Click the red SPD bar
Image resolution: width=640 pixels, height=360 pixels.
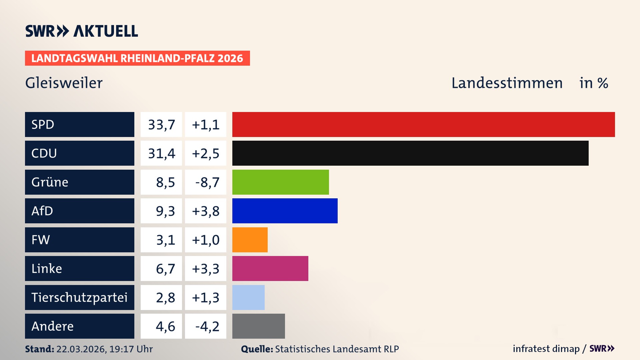click(x=423, y=124)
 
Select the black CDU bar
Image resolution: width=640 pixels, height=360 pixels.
click(x=410, y=153)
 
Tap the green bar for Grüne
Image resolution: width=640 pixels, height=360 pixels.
click(x=280, y=182)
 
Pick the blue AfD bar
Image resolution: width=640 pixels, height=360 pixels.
click(x=285, y=211)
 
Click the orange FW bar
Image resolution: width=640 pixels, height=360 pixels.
click(x=250, y=240)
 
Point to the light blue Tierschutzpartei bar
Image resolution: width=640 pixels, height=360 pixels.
click(x=248, y=297)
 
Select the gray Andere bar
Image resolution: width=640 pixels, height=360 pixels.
click(x=258, y=326)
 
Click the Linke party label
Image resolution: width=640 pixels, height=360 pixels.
click(x=47, y=268)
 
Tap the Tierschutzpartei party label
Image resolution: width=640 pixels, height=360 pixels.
click(x=79, y=297)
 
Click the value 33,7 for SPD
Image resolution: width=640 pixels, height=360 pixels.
click(x=161, y=125)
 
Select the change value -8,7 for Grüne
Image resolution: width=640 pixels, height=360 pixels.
click(x=207, y=182)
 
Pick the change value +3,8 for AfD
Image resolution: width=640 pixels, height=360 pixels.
click(x=206, y=211)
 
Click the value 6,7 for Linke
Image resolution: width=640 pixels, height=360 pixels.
click(x=165, y=269)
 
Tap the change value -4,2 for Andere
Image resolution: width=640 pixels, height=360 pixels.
click(x=207, y=326)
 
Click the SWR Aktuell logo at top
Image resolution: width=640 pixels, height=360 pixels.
click(x=82, y=31)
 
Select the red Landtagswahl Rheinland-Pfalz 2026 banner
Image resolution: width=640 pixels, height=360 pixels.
click(x=137, y=58)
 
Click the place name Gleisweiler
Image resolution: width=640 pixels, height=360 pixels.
click(x=64, y=83)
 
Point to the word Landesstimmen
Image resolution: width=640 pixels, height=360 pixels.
click(x=507, y=83)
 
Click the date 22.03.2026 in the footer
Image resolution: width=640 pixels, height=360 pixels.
click(x=81, y=349)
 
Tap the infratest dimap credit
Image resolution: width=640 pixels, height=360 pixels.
click(x=546, y=349)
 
